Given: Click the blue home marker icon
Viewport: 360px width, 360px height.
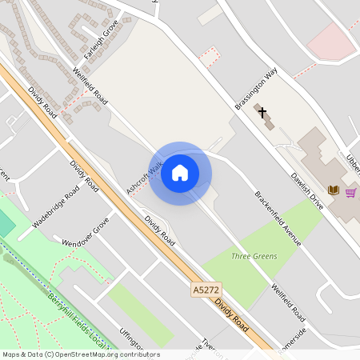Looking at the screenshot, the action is pos(180,173).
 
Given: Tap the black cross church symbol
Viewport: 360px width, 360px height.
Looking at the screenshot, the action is pos(262,113).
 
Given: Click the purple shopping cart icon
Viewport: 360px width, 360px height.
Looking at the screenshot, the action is pos(350,192).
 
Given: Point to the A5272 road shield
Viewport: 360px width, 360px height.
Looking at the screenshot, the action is pos(206,286).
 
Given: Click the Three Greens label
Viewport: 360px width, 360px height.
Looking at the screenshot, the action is pos(254,256).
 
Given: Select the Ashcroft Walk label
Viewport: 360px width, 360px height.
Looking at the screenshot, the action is pos(144,178).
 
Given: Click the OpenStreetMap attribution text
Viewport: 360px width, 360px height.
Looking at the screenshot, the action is pos(81,354).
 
